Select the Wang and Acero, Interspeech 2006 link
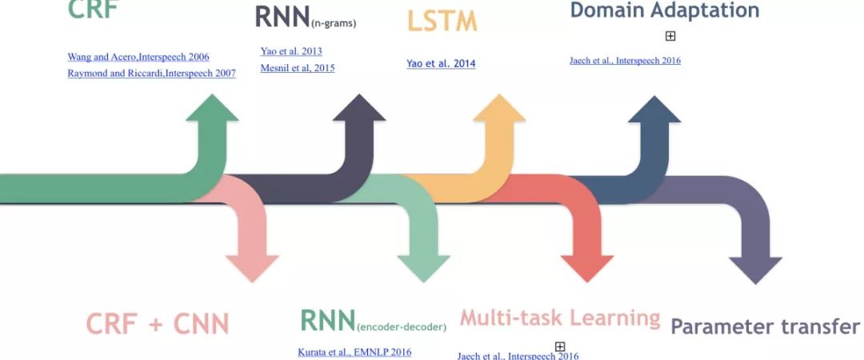tap(138, 57)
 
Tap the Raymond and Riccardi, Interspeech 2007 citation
tap(151, 73)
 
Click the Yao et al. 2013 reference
tap(291, 51)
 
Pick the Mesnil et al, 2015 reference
tap(298, 68)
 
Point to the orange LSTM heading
tap(442, 21)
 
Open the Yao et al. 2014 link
tap(441, 63)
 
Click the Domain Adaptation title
tap(664, 10)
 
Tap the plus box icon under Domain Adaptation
tap(670, 36)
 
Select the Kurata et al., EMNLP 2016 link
tap(354, 351)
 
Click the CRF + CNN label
tap(158, 324)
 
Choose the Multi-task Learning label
tap(560, 318)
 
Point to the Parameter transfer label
tap(765, 326)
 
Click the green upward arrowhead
tap(212, 110)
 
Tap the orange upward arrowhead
tap(499, 110)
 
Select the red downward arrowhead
tap(587, 266)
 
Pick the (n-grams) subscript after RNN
tap(334, 23)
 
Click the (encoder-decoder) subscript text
tap(402, 326)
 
